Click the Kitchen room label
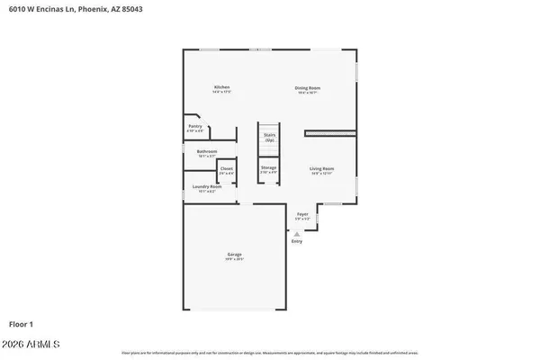coord(221,87)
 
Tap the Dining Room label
coord(308,87)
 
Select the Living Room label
coord(322,168)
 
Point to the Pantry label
coord(195,128)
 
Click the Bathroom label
coord(207,151)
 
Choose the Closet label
coord(227,168)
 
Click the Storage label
coord(268,167)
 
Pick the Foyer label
coord(302,214)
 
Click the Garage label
coord(234,256)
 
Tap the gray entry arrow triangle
coord(297,233)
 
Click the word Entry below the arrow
coord(297,241)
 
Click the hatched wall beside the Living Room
coord(329,134)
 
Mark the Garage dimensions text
coord(234,260)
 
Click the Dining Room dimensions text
coord(308,93)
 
